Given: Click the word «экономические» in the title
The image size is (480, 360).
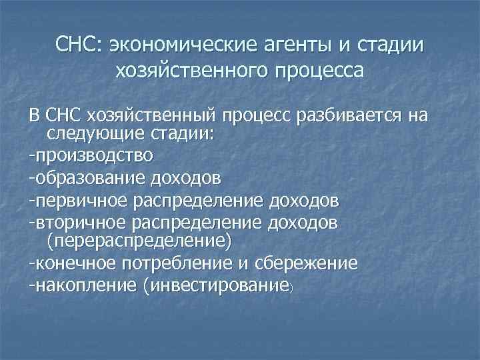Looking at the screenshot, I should [179, 47].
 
